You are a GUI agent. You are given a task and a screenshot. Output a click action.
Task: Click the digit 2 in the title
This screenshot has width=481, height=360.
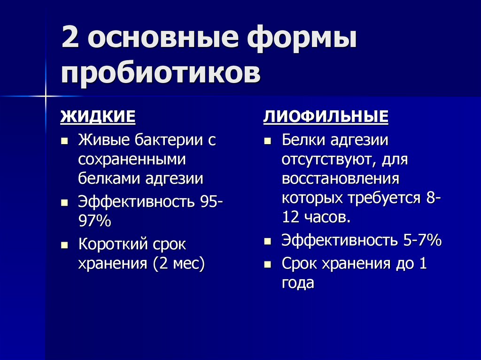pyautogui.click(x=70, y=39)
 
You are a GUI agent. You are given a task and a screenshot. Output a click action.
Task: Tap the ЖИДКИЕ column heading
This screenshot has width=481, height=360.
pyautogui.click(x=98, y=116)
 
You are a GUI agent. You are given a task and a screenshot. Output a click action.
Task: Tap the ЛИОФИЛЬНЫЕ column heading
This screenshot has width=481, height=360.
pyautogui.click(x=326, y=116)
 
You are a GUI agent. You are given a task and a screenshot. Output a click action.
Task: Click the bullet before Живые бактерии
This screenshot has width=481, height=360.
pyautogui.click(x=65, y=141)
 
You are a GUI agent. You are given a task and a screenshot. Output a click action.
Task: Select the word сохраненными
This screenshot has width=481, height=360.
pyautogui.click(x=132, y=159)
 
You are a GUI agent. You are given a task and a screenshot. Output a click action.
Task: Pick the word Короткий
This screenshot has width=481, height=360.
pyautogui.click(x=113, y=245)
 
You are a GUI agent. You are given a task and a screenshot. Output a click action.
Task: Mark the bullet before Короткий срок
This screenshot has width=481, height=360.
pyautogui.click(x=65, y=245)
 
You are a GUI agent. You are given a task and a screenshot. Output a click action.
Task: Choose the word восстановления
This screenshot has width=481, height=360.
pyautogui.click(x=341, y=179)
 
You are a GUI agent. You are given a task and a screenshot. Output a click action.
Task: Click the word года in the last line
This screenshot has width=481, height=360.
pyautogui.click(x=297, y=283)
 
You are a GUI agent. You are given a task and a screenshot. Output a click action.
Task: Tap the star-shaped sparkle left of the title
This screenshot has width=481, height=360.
pyautogui.click(x=46, y=96)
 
